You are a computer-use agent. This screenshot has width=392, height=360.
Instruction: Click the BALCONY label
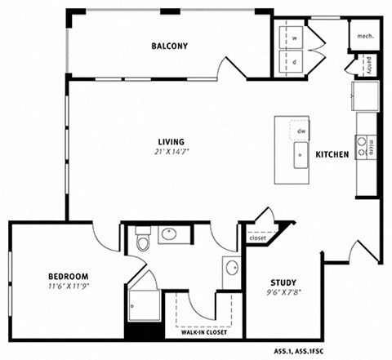point(169,47)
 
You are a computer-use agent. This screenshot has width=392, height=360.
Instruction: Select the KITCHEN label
point(332,154)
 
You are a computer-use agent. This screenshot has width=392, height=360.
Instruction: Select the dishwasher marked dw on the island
point(301,131)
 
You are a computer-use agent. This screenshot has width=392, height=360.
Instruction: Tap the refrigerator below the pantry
point(365,98)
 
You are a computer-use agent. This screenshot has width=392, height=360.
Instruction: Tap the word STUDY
point(283,282)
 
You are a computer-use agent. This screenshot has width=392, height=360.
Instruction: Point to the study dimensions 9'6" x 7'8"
point(283,293)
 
